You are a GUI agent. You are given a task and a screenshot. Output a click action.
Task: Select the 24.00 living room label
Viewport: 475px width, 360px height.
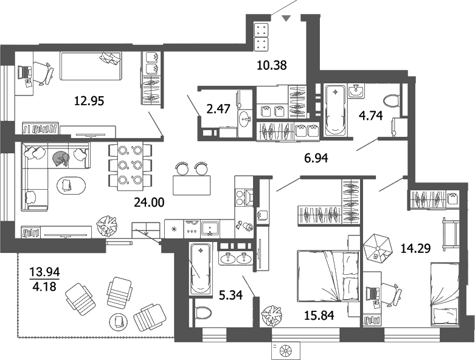[150, 202]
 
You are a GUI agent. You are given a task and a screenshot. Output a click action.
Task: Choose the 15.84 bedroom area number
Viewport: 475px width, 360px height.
[318, 315]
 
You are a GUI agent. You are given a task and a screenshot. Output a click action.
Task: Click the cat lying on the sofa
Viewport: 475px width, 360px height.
[61, 158]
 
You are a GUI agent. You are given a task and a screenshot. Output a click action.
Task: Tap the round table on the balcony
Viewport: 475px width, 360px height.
[117, 320]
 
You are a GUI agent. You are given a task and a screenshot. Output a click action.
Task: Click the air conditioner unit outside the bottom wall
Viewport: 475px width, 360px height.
[286, 350]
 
